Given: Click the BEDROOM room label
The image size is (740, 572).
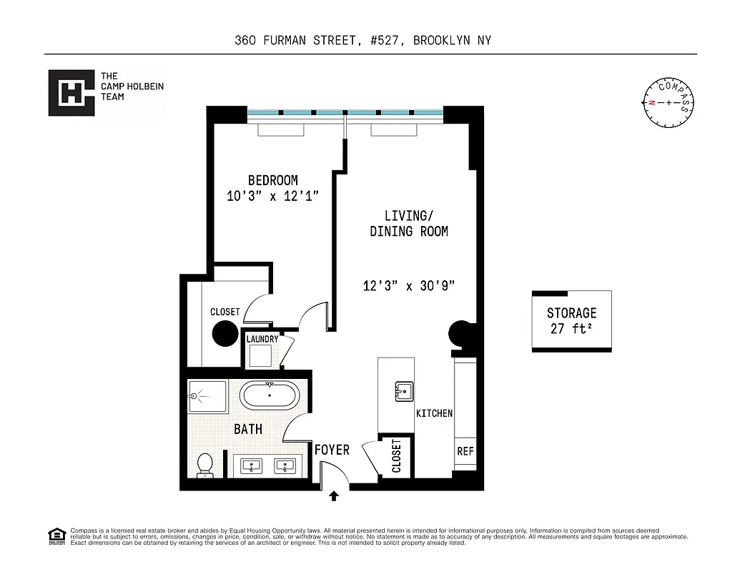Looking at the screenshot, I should pyautogui.click(x=272, y=180).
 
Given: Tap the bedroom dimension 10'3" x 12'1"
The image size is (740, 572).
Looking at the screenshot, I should pyautogui.click(x=272, y=197).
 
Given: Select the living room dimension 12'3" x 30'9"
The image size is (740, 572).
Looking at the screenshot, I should pyautogui.click(x=409, y=286).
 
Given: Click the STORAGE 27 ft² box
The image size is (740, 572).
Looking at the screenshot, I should pyautogui.click(x=571, y=321).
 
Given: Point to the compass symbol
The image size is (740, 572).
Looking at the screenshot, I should pyautogui.click(x=669, y=102).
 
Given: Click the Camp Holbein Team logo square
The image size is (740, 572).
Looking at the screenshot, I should pyautogui.click(x=71, y=92).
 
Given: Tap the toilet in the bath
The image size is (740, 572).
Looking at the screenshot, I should pyautogui.click(x=204, y=465).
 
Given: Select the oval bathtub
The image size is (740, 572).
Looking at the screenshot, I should pyautogui.click(x=269, y=395).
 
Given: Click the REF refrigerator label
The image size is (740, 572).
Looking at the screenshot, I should pyautogui.click(x=465, y=452).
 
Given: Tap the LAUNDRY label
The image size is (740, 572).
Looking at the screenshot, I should pyautogui.click(x=262, y=339).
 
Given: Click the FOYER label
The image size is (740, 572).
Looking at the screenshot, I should pyautogui.click(x=332, y=450).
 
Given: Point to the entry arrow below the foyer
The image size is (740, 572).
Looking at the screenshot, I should pyautogui.click(x=333, y=495).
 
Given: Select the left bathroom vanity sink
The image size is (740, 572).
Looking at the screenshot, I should pyautogui.click(x=251, y=466).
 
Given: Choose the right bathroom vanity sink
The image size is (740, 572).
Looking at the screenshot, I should pyautogui.click(x=286, y=466).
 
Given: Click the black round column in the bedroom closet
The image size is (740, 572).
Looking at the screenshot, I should pyautogui.click(x=225, y=333).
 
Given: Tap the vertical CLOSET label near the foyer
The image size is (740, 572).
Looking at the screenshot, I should pyautogui.click(x=396, y=456).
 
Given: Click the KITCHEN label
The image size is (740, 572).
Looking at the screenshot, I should pyautogui.click(x=434, y=413).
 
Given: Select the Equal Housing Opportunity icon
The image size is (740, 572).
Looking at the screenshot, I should pyautogui.click(x=56, y=536).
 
